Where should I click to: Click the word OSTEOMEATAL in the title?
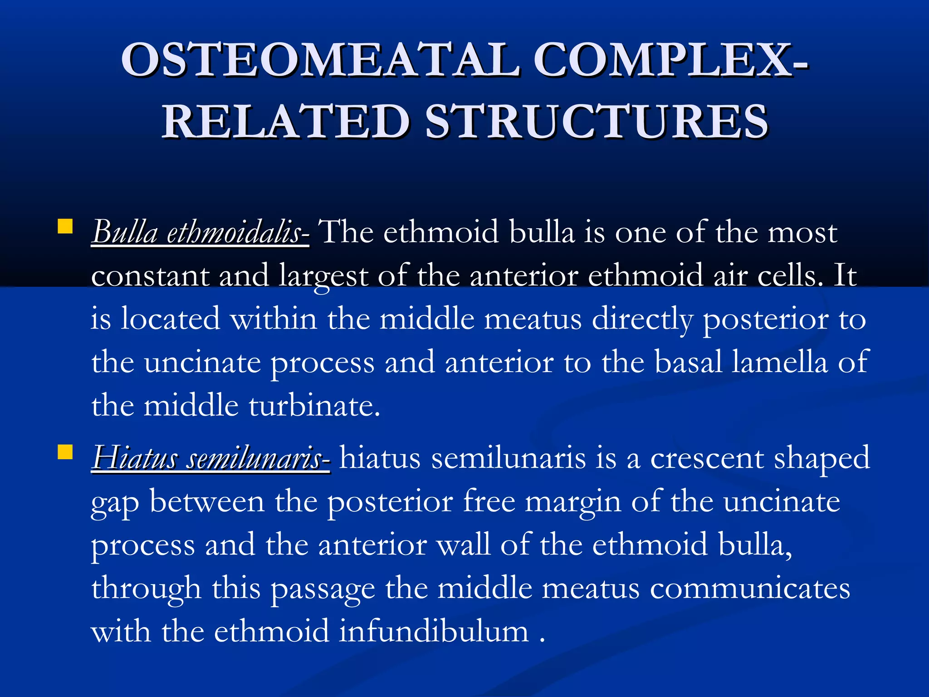pos(320,60)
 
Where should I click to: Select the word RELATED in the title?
pos(286,121)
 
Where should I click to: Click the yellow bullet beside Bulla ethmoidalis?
pos(65,226)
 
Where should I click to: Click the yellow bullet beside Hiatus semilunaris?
pos(65,452)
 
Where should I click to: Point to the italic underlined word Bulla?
pos(125,232)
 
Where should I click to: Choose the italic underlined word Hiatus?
pos(134,458)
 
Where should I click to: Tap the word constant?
pos(150,276)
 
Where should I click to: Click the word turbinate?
pos(314,406)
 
